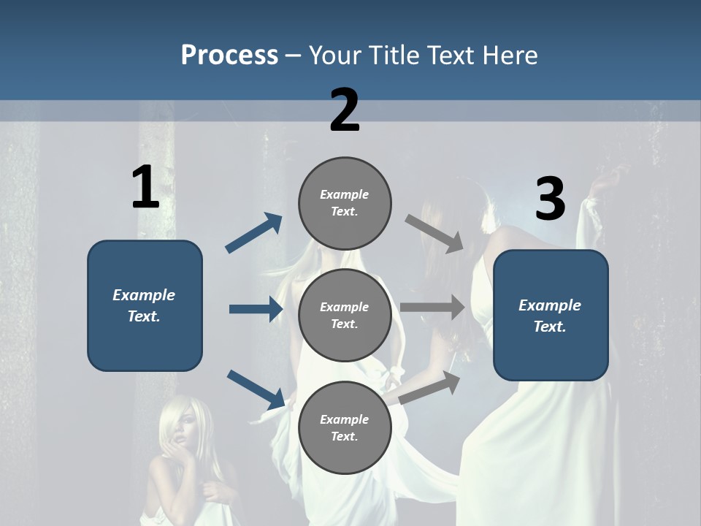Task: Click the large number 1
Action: click(x=145, y=187)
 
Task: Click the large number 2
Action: click(x=345, y=110)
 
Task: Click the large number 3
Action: click(x=550, y=199)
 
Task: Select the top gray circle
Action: click(x=345, y=203)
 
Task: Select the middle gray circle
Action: click(x=345, y=315)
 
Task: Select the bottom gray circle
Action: click(x=345, y=427)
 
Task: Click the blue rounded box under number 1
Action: click(x=145, y=305)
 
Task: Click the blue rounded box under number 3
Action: click(x=551, y=316)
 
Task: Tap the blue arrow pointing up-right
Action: click(x=253, y=233)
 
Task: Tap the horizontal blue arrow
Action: click(x=256, y=309)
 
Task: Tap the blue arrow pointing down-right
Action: click(x=256, y=389)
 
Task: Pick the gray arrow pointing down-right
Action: click(x=434, y=233)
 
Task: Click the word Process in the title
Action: click(x=229, y=55)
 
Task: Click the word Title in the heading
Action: click(x=393, y=55)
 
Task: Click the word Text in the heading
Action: click(x=451, y=55)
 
